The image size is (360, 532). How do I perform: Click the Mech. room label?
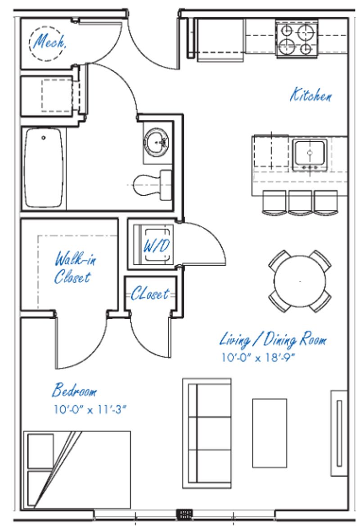click(x=50, y=43)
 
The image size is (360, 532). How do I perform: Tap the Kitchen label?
click(x=311, y=96)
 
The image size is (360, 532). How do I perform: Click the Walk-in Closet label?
click(x=74, y=268)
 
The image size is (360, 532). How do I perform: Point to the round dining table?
click(x=300, y=281)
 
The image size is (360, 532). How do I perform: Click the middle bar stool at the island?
click(x=300, y=202)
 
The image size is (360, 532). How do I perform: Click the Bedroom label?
click(x=74, y=391)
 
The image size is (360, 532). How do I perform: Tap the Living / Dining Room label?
click(x=273, y=340)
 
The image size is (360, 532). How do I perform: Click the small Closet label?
click(x=150, y=294)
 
